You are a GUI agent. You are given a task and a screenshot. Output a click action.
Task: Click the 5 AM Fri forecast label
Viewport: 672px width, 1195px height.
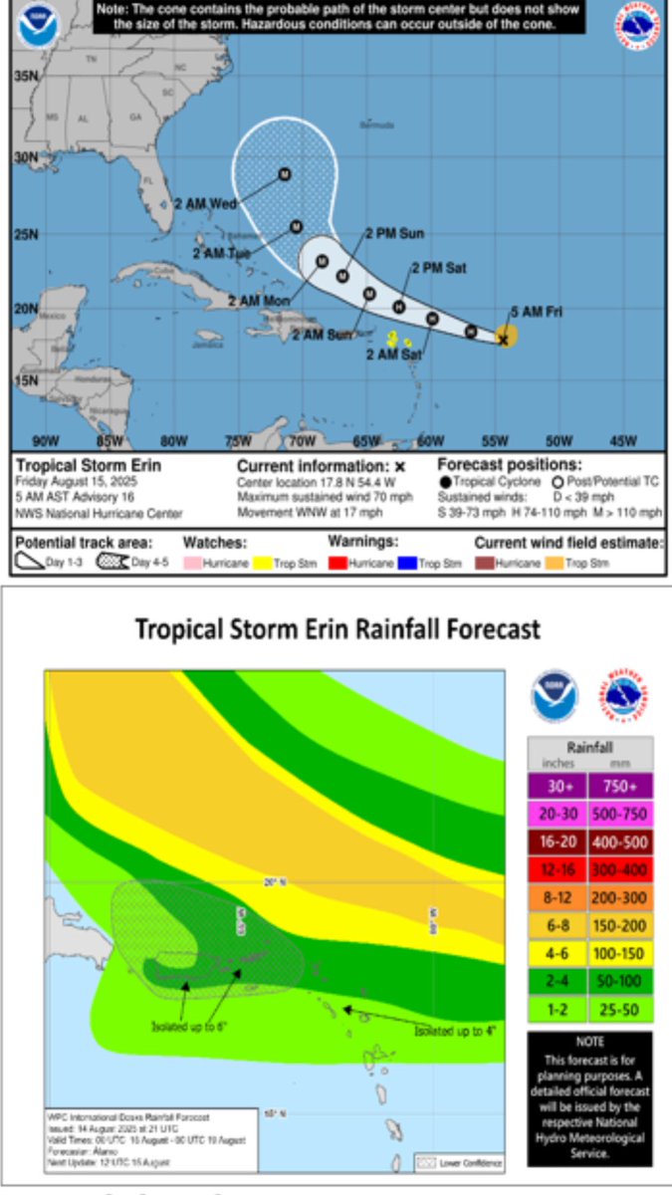coord(537,312)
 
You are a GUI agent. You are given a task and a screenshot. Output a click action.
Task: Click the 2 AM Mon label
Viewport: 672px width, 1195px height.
coord(258,300)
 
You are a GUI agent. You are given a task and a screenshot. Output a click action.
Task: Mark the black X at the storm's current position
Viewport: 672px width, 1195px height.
coord(503,340)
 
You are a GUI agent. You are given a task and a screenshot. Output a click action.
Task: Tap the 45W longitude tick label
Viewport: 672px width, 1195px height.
coord(622,440)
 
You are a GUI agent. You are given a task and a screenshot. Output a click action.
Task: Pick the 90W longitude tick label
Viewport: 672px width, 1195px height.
coord(45,440)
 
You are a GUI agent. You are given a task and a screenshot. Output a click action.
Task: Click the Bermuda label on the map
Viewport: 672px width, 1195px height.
coord(373,125)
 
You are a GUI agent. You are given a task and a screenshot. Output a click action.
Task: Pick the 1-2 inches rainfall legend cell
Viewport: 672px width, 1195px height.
coord(556,1009)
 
